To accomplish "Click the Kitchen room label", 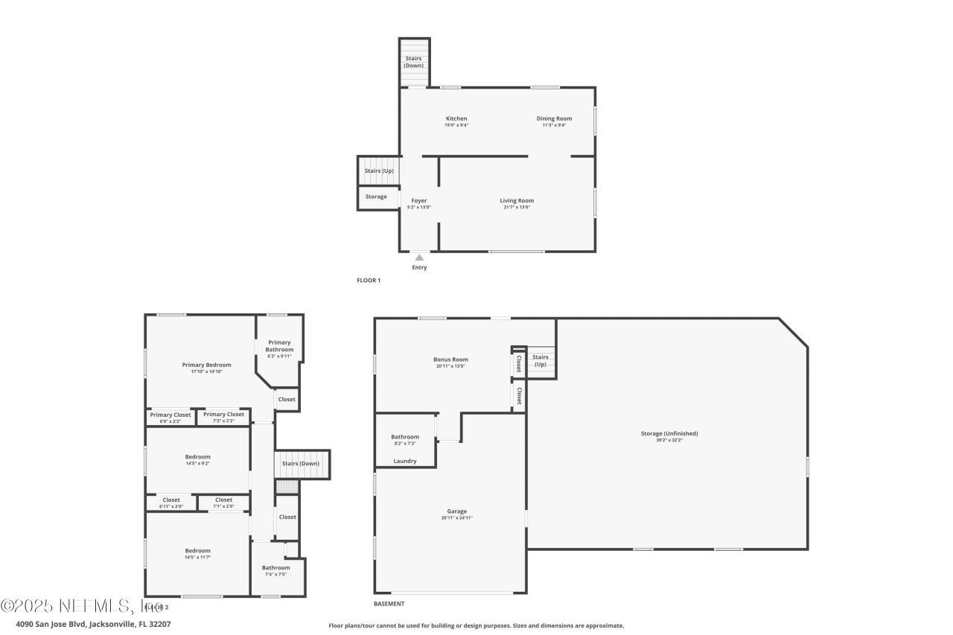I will pyautogui.click(x=456, y=119).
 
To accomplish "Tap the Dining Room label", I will pyautogui.click(x=554, y=119).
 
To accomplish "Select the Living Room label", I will pyautogui.click(x=516, y=200).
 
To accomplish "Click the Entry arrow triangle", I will pyautogui.click(x=419, y=258).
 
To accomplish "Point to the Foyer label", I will pyautogui.click(x=418, y=201).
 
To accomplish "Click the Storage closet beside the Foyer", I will pyautogui.click(x=377, y=197).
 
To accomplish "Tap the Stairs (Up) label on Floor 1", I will pyautogui.click(x=379, y=171).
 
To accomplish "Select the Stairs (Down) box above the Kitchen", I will pyautogui.click(x=413, y=62).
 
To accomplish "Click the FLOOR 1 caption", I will pyautogui.click(x=369, y=281).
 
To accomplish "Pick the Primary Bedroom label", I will pyautogui.click(x=206, y=365).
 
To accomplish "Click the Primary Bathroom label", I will pyautogui.click(x=279, y=346).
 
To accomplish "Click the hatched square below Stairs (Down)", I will pyautogui.click(x=287, y=487).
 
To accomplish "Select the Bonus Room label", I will pyautogui.click(x=451, y=360).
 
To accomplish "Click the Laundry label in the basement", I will pyautogui.click(x=404, y=461).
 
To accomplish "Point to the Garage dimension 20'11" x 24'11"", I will pyautogui.click(x=456, y=518).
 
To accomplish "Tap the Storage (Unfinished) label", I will pyautogui.click(x=669, y=433).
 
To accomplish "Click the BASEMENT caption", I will pyautogui.click(x=389, y=604).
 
